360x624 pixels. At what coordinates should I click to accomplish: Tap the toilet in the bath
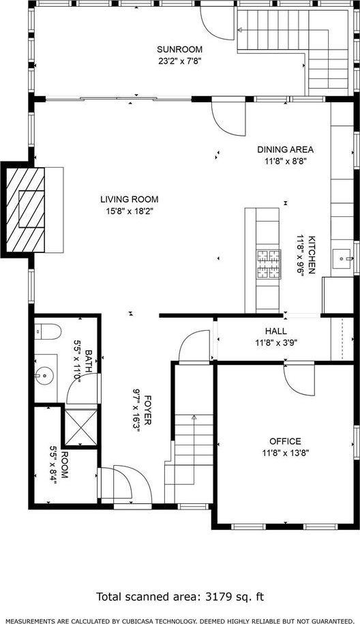48,331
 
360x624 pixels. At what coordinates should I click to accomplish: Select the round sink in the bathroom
44,375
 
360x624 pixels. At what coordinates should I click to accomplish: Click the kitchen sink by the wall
342,259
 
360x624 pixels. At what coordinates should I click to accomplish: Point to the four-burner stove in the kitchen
269,264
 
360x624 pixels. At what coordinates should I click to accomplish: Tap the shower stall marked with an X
80,427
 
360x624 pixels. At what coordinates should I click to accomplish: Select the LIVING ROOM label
130,199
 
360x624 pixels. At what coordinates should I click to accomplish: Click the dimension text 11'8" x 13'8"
286,452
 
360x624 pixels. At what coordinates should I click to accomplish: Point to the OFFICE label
285,441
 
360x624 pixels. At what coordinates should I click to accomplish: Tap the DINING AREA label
285,149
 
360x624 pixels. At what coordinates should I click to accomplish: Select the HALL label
275,331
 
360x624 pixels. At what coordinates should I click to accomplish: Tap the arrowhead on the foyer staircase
194,417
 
